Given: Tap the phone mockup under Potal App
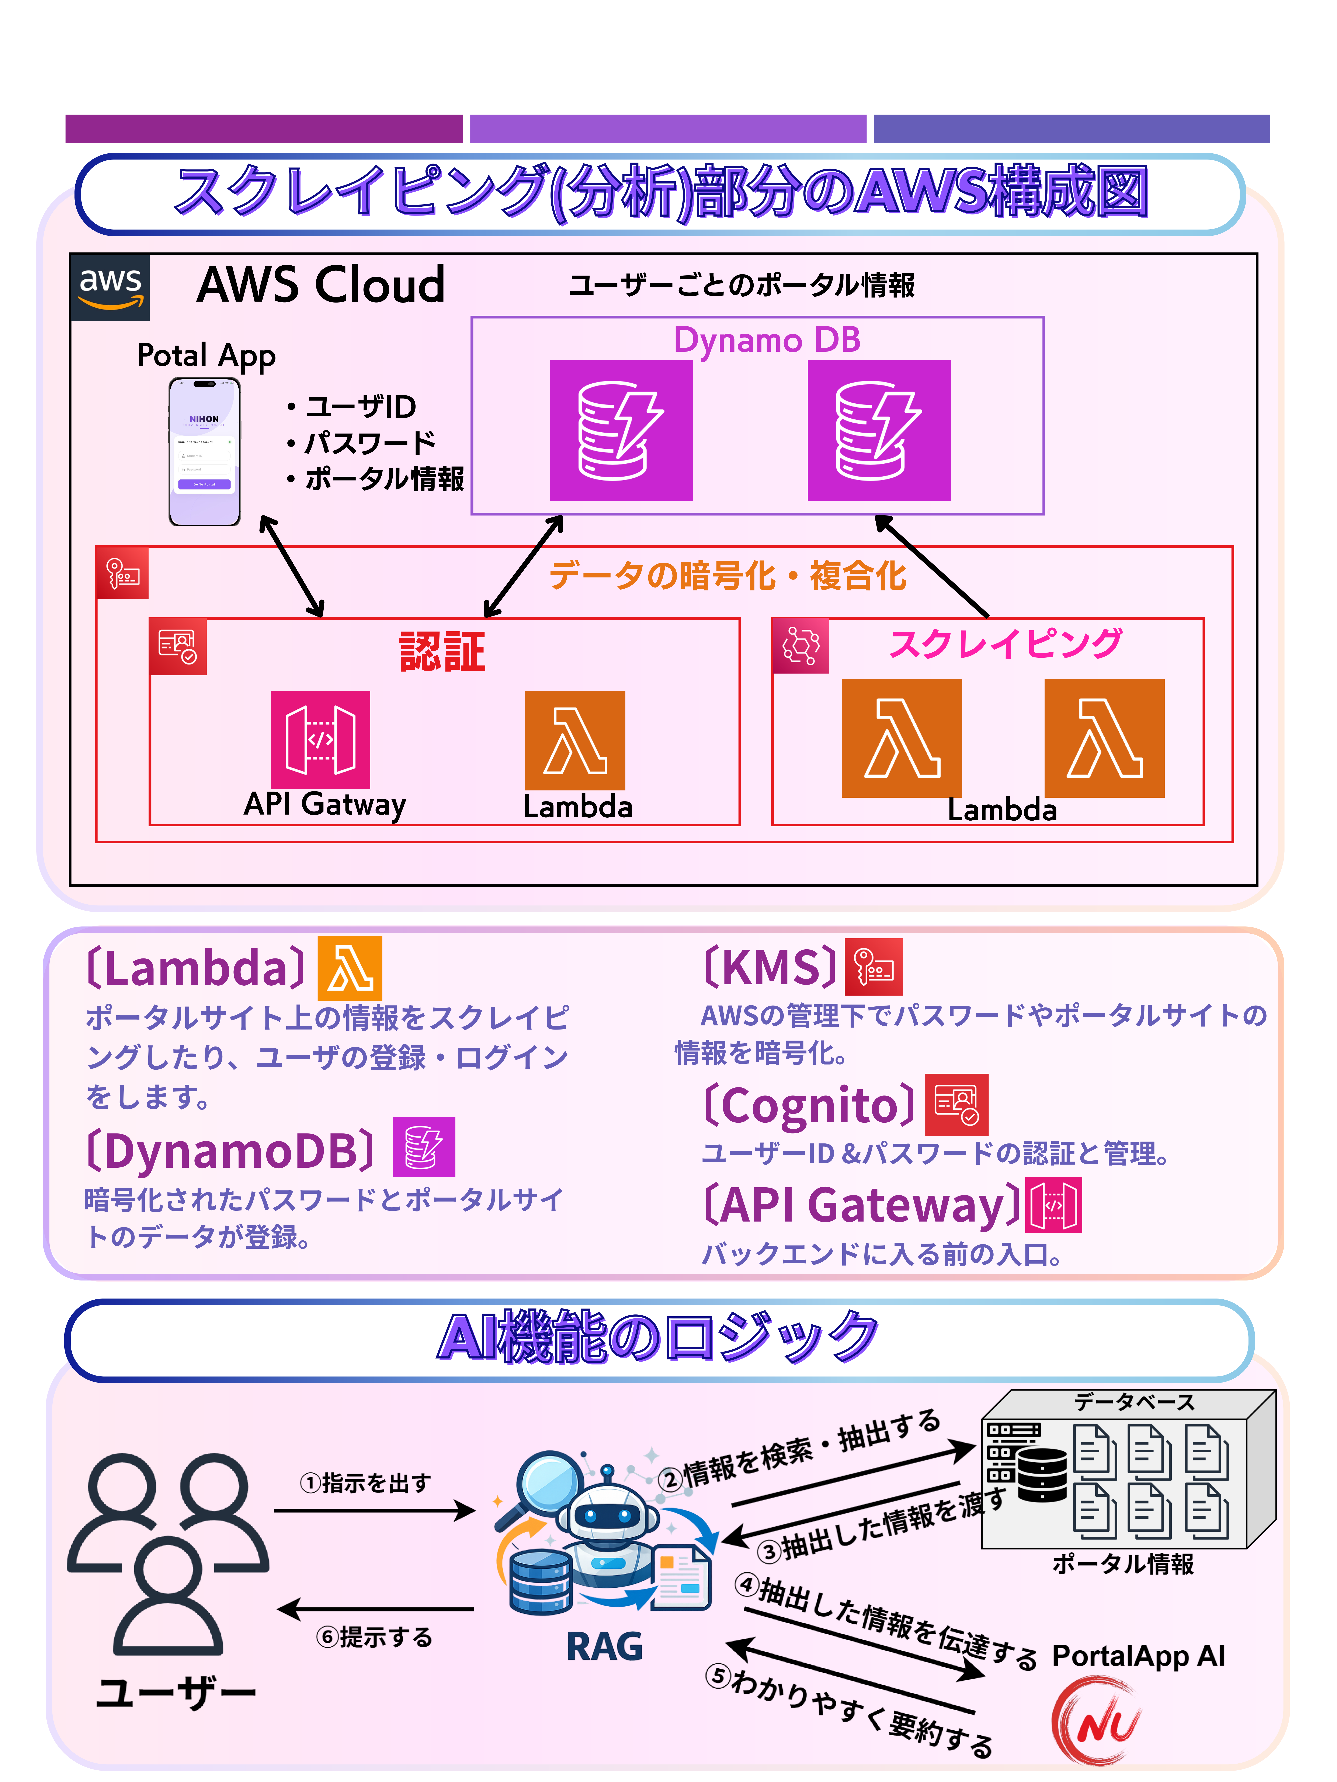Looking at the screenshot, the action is click(x=205, y=452).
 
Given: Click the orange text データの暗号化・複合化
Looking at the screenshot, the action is click(x=728, y=576).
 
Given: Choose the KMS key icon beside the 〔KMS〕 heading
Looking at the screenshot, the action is click(x=874, y=967).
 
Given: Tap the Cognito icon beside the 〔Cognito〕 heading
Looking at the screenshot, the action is click(x=957, y=1104).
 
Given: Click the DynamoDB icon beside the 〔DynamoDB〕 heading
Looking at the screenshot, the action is click(x=424, y=1147).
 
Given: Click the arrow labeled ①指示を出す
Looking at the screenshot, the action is click(x=375, y=1510).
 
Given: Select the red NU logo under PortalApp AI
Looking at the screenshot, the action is click(x=1098, y=1721).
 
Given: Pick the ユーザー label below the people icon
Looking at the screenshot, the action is click(x=176, y=1692).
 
